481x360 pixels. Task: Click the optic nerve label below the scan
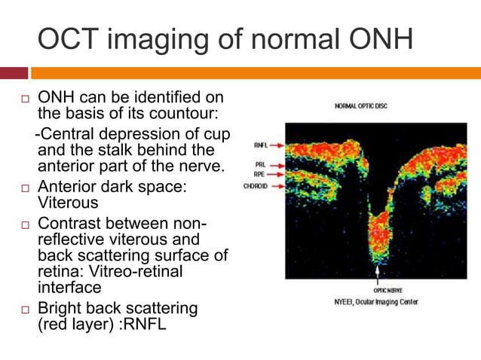coord(387,290)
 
